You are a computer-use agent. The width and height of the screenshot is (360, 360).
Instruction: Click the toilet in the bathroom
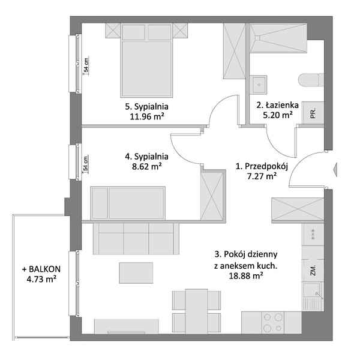(x=311, y=80)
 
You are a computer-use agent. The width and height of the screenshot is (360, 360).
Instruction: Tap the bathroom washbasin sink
(x=259, y=85)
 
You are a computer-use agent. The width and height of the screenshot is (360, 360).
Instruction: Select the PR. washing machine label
(x=313, y=113)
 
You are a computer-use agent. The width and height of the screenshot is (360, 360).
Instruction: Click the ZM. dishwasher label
(x=313, y=270)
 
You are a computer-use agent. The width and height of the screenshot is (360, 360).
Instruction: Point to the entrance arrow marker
(x=335, y=169)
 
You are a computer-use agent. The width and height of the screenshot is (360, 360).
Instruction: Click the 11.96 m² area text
(x=147, y=116)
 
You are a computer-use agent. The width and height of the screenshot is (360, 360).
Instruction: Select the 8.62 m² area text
(x=147, y=166)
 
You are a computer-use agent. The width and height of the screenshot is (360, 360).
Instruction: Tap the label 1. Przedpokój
(x=262, y=166)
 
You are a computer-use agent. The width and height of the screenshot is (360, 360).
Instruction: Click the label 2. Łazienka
(x=278, y=105)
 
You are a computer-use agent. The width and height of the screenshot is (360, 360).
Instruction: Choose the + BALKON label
(x=41, y=269)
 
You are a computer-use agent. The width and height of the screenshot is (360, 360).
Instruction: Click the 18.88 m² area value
(x=246, y=276)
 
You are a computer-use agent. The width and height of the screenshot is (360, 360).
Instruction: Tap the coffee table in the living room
(x=136, y=273)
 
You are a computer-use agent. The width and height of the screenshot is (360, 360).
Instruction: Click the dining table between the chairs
(x=197, y=311)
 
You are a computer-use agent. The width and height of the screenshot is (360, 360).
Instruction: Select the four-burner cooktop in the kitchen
(x=273, y=323)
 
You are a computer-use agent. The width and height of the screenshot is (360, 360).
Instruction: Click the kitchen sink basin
(x=311, y=290)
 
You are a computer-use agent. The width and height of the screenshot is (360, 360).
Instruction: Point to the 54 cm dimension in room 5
(x=86, y=65)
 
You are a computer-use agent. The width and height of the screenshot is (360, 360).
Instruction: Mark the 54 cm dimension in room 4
(x=85, y=163)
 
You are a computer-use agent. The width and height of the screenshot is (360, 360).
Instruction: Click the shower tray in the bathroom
(x=278, y=38)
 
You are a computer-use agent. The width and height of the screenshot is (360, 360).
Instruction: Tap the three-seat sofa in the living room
(x=136, y=239)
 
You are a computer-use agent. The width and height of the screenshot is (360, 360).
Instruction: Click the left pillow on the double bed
(x=133, y=32)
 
